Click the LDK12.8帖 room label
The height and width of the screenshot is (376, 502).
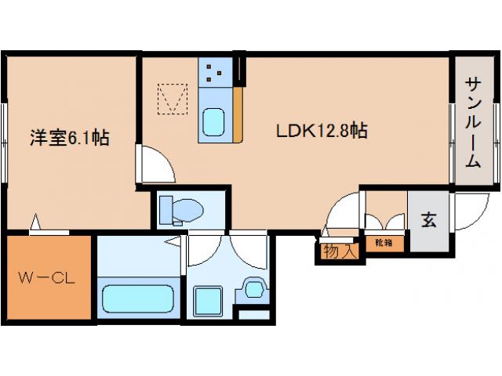click(322, 131)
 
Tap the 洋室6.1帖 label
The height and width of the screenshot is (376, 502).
click(70, 138)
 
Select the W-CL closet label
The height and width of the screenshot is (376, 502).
click(46, 278)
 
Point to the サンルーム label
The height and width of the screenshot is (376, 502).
click(473, 122)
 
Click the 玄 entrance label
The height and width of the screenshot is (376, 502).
click(429, 220)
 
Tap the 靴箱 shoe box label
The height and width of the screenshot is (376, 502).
click(384, 243)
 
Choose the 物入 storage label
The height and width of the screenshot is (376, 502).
click(340, 251)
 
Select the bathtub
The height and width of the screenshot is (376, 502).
click(138, 298)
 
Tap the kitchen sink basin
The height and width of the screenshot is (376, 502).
click(213, 122)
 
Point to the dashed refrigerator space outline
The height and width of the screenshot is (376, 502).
click(173, 99)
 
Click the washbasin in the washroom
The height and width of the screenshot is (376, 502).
click(254, 289)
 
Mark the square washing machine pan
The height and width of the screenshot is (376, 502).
click(208, 301)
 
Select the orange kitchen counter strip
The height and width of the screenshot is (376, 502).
click(238, 114)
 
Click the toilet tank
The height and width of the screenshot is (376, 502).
click(166, 210)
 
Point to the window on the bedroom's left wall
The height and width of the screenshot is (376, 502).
click(4, 143)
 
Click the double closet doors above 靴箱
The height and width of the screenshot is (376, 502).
click(384, 222)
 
